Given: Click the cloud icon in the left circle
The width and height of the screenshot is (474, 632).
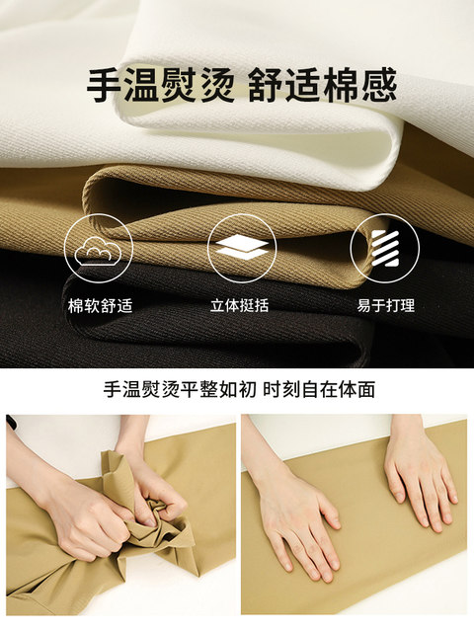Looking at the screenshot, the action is point(98,251).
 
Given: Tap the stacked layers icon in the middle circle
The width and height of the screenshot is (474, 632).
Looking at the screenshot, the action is point(242,246).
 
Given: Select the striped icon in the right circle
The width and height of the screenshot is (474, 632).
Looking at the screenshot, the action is point(385,248).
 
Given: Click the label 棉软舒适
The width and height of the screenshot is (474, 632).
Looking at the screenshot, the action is point(100,306).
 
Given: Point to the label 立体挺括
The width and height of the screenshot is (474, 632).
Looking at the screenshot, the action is point(239,305).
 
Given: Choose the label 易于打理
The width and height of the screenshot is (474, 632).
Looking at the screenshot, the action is point(385,305).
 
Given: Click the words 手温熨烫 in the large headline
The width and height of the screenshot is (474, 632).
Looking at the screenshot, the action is point(159,86).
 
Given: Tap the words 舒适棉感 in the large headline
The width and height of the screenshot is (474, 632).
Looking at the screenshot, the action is point(323,86).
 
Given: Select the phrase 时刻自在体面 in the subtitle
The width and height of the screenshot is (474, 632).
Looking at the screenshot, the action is point(319,390).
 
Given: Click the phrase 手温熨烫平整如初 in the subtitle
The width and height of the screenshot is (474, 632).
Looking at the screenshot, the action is point(180,390).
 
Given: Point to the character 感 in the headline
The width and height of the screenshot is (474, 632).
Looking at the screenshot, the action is point(378,86).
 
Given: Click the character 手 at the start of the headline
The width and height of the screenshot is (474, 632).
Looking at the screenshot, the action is point(105,86).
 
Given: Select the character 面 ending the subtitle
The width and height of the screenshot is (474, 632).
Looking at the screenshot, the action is point(366,390).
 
